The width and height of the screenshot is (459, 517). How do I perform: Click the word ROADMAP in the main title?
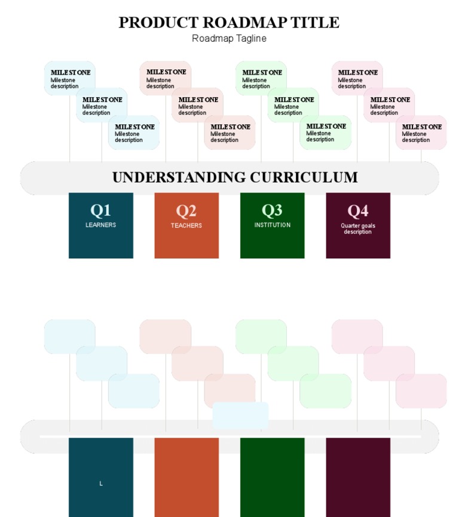tap(244, 23)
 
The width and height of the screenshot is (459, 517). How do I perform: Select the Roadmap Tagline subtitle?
tap(229, 38)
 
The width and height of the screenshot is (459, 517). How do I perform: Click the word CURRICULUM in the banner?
tap(304, 177)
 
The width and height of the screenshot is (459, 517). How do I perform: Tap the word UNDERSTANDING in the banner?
tap(179, 177)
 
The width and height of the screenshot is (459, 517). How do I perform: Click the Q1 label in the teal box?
tap(100, 210)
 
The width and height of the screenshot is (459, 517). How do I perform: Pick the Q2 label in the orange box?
tap(186, 211)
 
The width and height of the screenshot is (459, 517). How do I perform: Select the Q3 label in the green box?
tap(272, 210)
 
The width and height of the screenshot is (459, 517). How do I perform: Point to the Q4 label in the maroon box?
tap(357, 211)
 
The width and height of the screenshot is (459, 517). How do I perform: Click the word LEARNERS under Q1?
tap(100, 225)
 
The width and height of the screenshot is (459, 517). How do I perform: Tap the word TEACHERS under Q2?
tap(186, 226)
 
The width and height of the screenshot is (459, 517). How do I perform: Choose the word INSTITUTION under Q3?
tap(272, 225)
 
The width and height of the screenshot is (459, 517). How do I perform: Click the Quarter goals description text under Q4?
tap(358, 229)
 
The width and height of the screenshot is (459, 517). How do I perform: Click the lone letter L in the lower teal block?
tap(101, 484)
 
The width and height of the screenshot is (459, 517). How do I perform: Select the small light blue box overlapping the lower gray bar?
tap(240, 416)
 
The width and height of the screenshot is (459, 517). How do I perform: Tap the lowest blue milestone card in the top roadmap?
tap(134, 133)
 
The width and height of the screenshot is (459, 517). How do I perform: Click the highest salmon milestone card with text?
tap(166, 78)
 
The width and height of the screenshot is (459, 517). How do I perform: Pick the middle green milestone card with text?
tap(293, 105)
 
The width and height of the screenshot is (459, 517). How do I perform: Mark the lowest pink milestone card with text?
tap(421, 133)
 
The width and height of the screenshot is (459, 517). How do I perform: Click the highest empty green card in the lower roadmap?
tap(261, 337)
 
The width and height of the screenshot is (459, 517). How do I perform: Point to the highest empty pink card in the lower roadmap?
tap(357, 337)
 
